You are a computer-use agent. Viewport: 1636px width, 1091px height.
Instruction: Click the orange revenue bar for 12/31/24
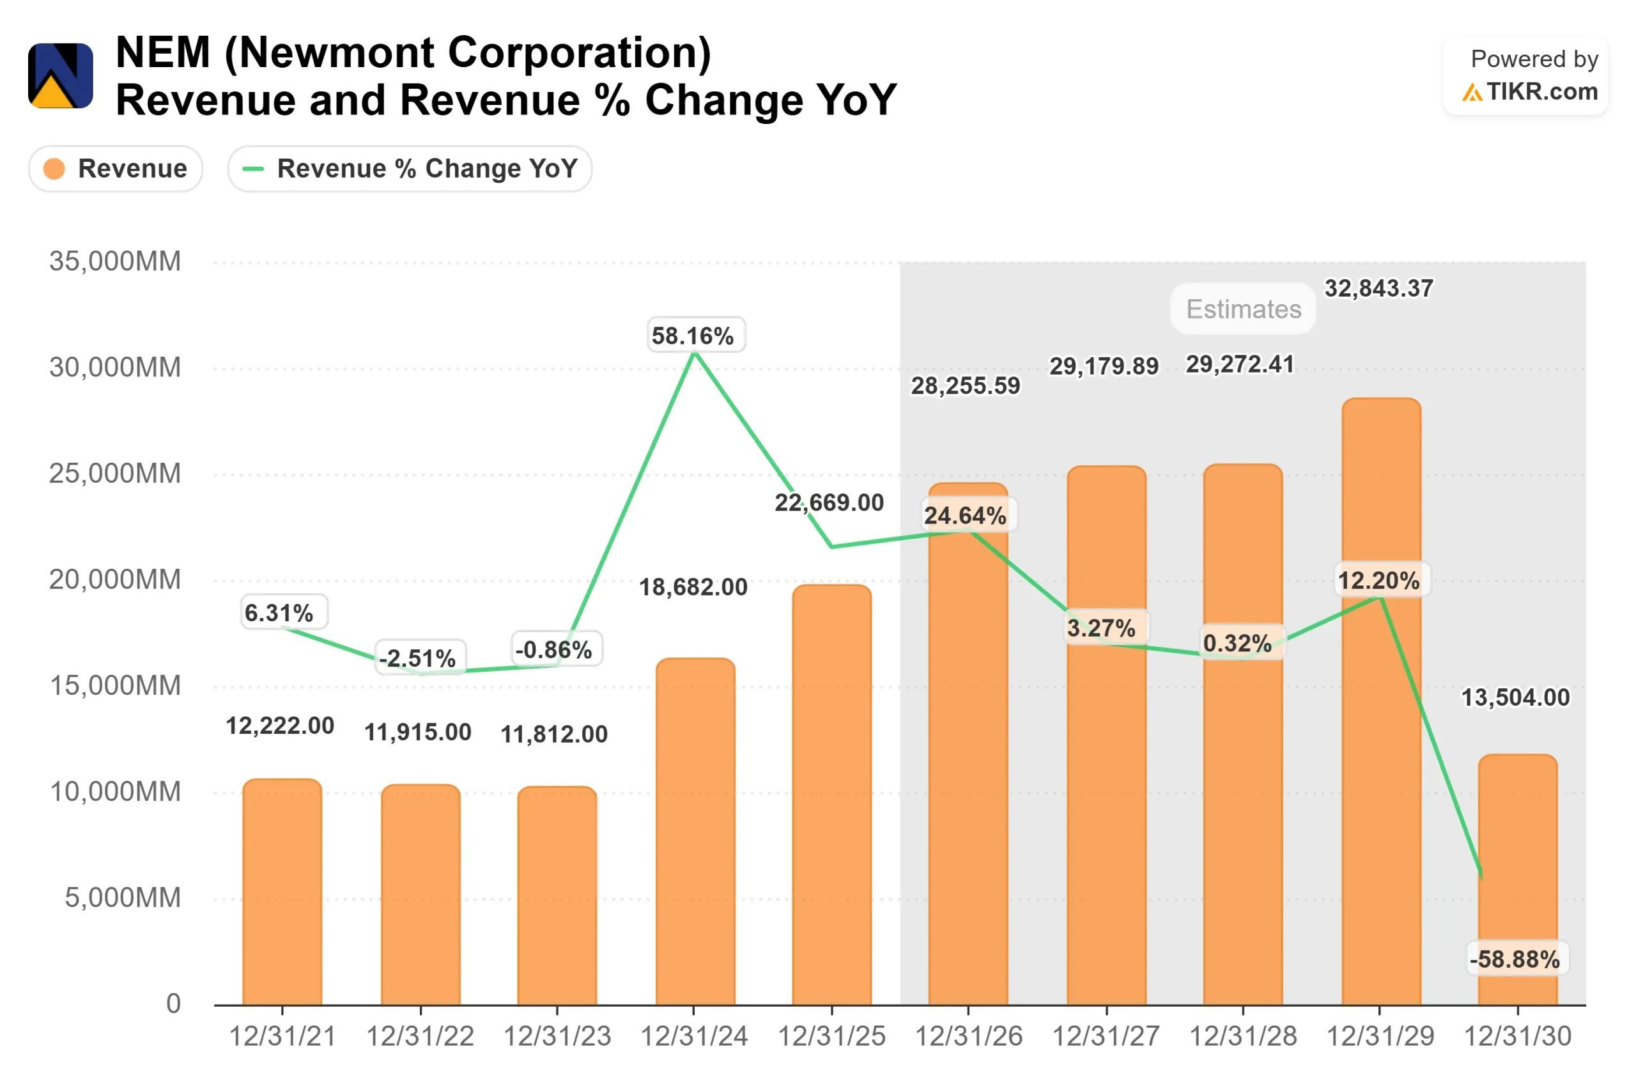pyautogui.click(x=695, y=835)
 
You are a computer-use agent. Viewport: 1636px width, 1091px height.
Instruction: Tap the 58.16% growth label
pyautogui.click(x=693, y=336)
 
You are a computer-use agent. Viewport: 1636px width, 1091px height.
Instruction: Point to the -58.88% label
pyautogui.click(x=1515, y=959)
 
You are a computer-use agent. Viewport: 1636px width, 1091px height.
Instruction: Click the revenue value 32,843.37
pyautogui.click(x=1378, y=289)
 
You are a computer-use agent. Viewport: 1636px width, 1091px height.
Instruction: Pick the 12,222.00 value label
pyautogui.click(x=281, y=725)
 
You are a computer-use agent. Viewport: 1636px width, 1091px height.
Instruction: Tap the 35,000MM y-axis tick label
pyautogui.click(x=115, y=261)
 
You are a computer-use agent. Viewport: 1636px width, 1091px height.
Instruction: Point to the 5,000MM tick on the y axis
pyautogui.click(x=123, y=897)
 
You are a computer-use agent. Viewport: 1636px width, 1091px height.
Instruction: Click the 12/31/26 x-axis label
pyautogui.click(x=968, y=1037)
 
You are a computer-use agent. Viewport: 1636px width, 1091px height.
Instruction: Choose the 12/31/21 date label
pyautogui.click(x=282, y=1037)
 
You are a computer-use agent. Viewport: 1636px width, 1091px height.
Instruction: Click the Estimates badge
pyautogui.click(x=1243, y=309)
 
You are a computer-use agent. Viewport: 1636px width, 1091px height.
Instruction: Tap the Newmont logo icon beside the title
pyautogui.click(x=61, y=76)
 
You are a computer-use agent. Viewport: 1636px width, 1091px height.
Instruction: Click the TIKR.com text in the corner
pyautogui.click(x=1541, y=92)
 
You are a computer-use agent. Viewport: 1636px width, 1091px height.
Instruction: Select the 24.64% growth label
pyautogui.click(x=966, y=516)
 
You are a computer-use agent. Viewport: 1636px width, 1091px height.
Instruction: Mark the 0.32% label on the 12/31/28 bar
pyautogui.click(x=1237, y=643)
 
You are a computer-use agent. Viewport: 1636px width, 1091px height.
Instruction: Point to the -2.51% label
pyautogui.click(x=417, y=658)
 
